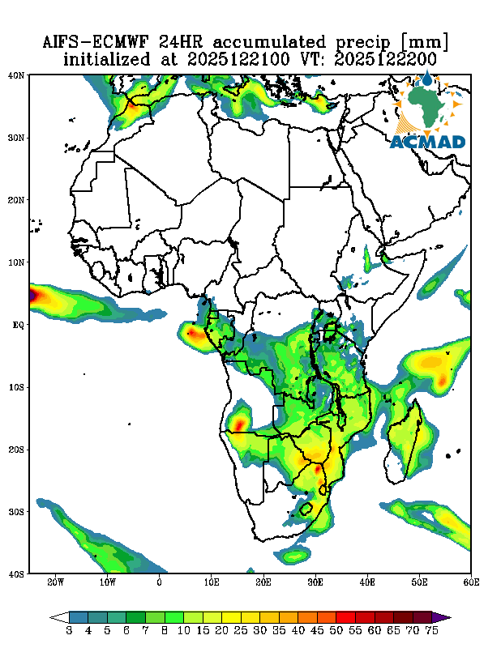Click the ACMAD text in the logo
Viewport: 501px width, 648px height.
click(427, 142)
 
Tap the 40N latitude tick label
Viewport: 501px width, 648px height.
click(16, 75)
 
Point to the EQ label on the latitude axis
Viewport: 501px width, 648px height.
click(18, 325)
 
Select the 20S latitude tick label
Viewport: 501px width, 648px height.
click(16, 450)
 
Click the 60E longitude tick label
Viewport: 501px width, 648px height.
click(470, 582)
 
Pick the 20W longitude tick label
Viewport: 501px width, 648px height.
click(55, 582)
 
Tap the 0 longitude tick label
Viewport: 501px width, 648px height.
click(160, 582)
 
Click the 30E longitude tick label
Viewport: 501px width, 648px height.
click(315, 582)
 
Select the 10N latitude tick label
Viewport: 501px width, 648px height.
click(16, 262)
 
